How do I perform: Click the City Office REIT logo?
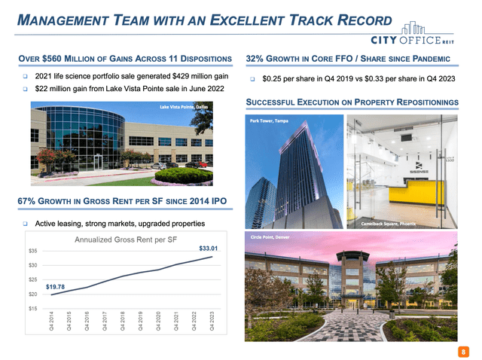pyautogui.click(x=412, y=33)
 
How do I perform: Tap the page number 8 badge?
pyautogui.click(x=463, y=352)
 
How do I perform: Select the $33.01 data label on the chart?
pyautogui.click(x=208, y=248)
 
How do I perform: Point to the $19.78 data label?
pyautogui.click(x=55, y=287)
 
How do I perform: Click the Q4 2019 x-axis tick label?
pyautogui.click(x=140, y=322)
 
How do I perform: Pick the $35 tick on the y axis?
pyautogui.click(x=33, y=251)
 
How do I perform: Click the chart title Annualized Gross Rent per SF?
pyautogui.click(x=126, y=239)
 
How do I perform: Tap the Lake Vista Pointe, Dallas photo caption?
pyautogui.click(x=184, y=107)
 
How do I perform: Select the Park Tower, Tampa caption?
pyautogui.click(x=269, y=121)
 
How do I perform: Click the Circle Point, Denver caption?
pyautogui.click(x=270, y=237)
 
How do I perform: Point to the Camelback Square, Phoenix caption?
pyautogui.click(x=389, y=224)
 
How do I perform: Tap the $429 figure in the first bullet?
pyautogui.click(x=182, y=76)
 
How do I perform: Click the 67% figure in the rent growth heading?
pyautogui.click(x=26, y=201)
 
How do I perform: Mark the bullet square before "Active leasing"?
pyautogui.click(x=25, y=224)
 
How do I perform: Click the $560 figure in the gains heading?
pyautogui.click(x=52, y=59)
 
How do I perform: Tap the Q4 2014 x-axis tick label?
pyautogui.click(x=51, y=322)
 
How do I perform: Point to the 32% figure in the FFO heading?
pyautogui.click(x=255, y=59)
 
